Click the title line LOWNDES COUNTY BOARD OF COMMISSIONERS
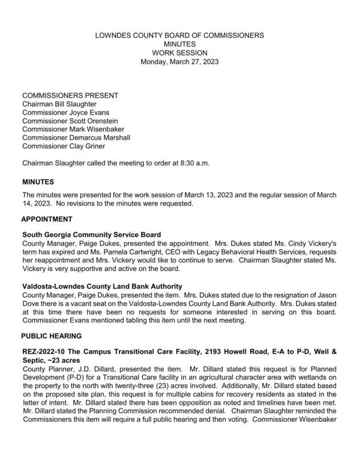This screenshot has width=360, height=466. click(x=180, y=36)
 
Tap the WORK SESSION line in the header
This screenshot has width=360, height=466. click(x=180, y=53)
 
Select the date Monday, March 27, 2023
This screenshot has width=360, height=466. click(x=180, y=62)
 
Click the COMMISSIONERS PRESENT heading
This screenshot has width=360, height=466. click(x=70, y=95)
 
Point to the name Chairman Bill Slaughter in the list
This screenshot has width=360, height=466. click(x=60, y=104)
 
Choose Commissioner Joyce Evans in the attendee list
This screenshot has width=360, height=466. click(x=66, y=112)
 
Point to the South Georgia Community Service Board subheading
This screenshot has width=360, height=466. click(x=92, y=234)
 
